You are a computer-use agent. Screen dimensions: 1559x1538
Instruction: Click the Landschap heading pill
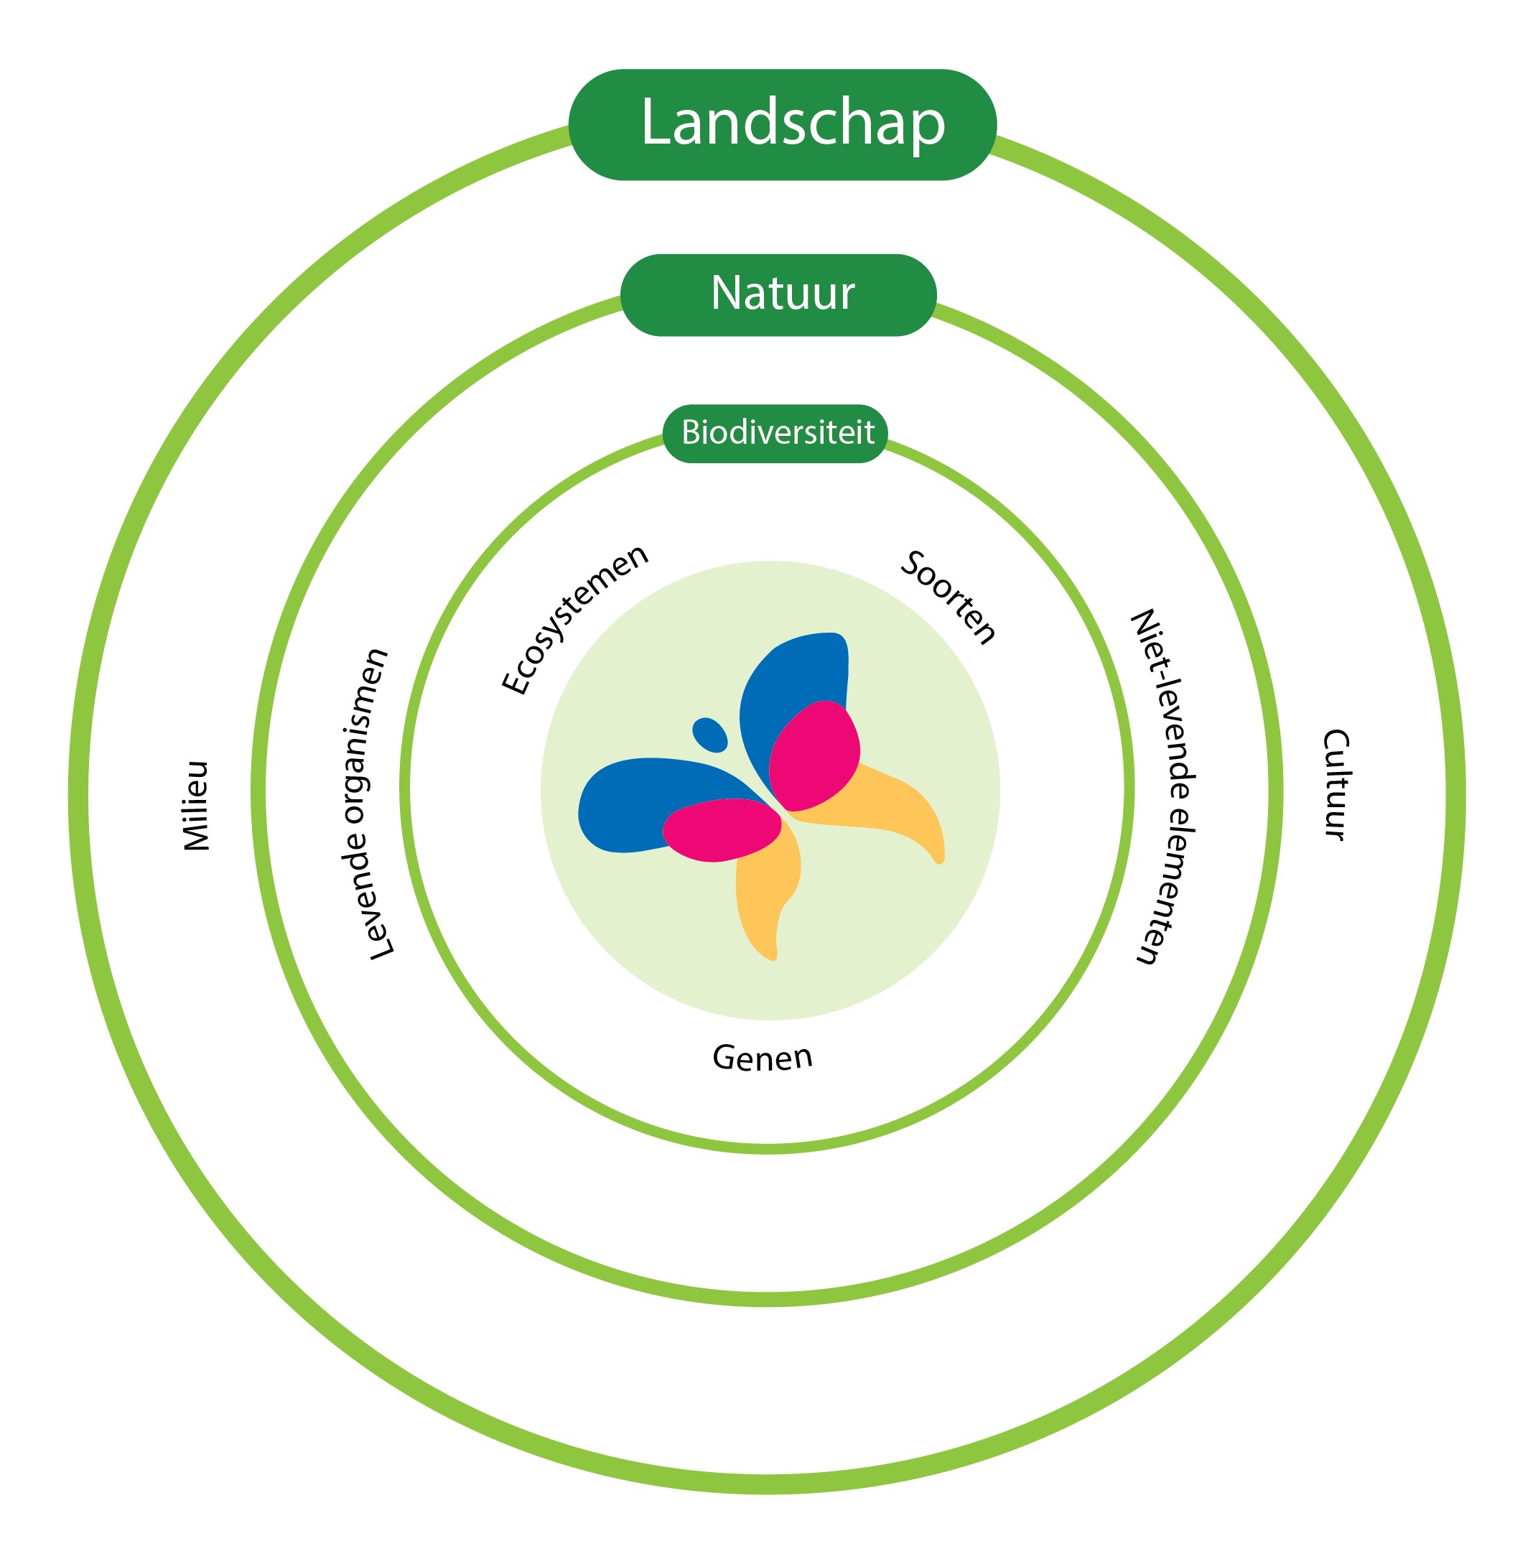(x=781, y=124)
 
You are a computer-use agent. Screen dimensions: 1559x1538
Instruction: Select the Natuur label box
(x=777, y=294)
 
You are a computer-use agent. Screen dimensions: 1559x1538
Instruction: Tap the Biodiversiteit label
(x=774, y=433)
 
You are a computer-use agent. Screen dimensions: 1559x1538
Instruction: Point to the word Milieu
(x=196, y=804)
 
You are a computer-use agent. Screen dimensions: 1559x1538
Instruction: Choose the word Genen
(x=761, y=1058)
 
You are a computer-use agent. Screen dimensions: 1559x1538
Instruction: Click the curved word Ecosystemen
(x=574, y=618)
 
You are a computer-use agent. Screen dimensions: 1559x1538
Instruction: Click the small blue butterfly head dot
(x=709, y=733)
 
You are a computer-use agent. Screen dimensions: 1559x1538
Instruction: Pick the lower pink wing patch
(x=721, y=829)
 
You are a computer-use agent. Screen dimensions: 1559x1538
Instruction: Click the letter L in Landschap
(x=656, y=123)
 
